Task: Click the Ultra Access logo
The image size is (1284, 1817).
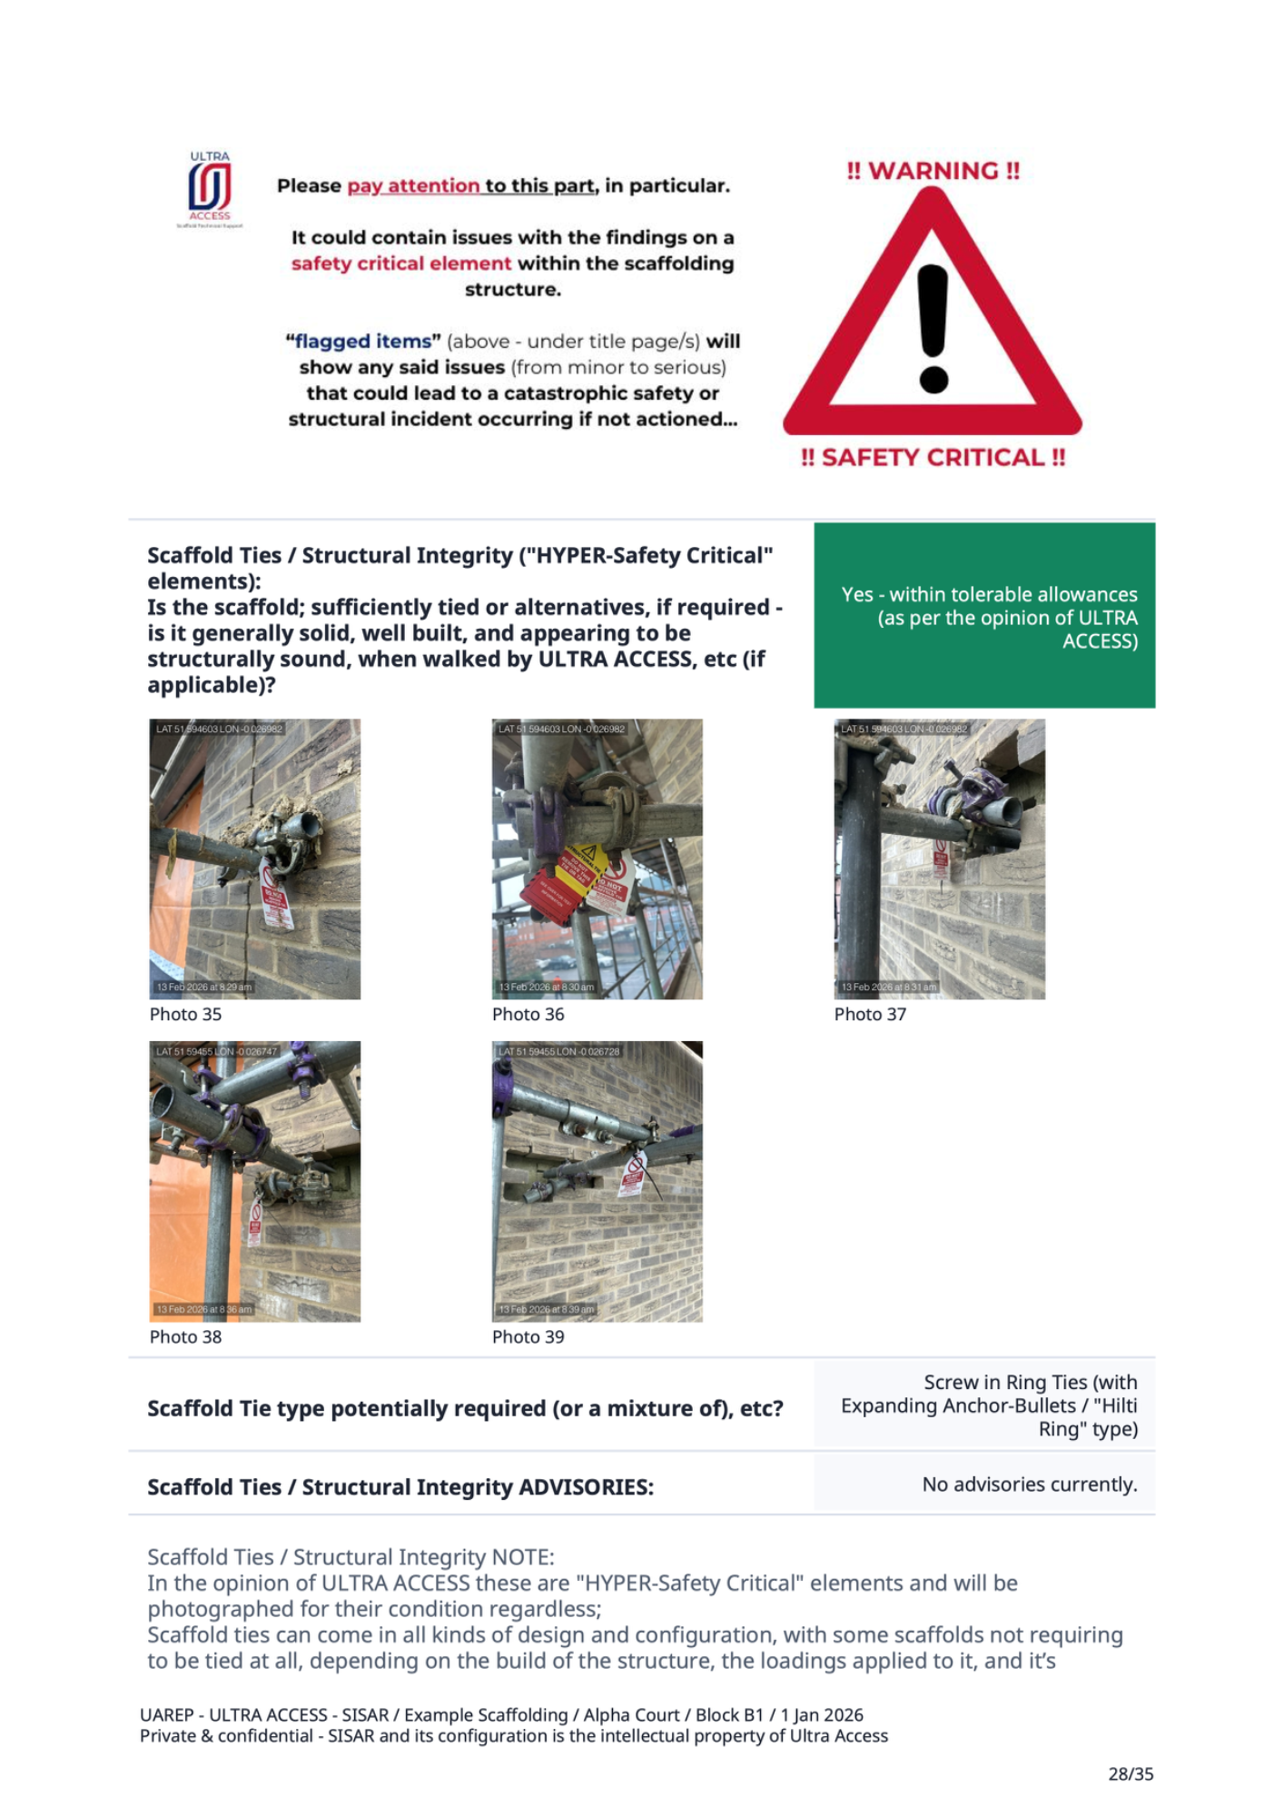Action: [210, 189]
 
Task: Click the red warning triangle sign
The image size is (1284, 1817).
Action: [933, 318]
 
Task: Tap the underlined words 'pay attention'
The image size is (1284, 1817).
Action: [413, 186]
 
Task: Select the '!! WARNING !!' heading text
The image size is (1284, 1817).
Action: [933, 171]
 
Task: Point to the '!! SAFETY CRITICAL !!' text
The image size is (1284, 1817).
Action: [933, 457]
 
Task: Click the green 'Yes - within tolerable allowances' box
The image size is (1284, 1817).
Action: [984, 615]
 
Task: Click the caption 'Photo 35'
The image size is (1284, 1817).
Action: [185, 1014]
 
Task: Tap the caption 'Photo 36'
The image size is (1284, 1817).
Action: [528, 1014]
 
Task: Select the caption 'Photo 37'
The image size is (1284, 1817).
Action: [870, 1014]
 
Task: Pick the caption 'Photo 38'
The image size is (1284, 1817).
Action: [185, 1336]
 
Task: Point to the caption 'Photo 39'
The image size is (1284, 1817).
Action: [528, 1336]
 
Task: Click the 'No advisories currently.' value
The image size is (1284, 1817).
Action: [1029, 1484]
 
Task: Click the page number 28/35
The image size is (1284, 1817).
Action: [1131, 1773]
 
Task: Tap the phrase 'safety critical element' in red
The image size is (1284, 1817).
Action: [400, 263]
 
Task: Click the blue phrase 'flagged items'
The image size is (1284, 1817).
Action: [362, 342]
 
